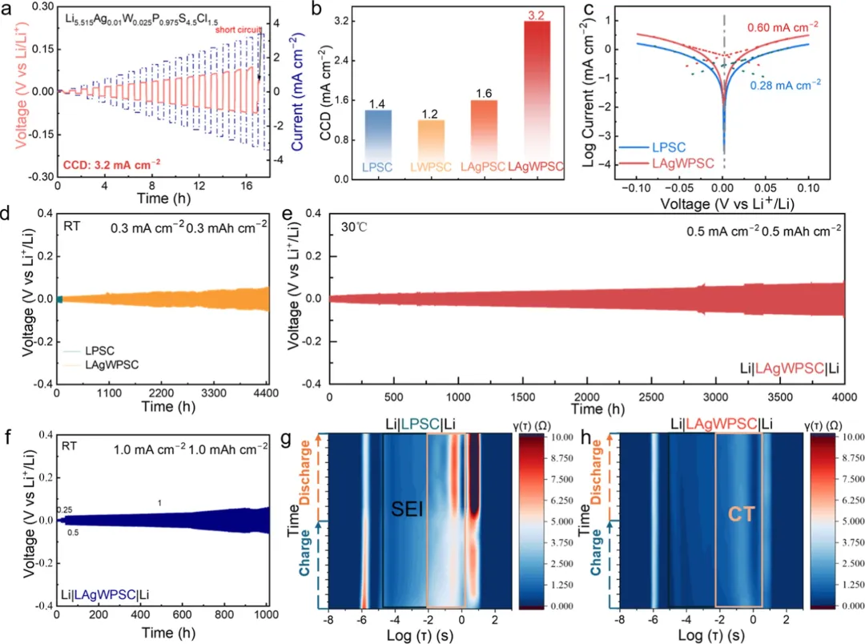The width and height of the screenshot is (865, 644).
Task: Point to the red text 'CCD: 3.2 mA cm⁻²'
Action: tap(112, 163)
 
